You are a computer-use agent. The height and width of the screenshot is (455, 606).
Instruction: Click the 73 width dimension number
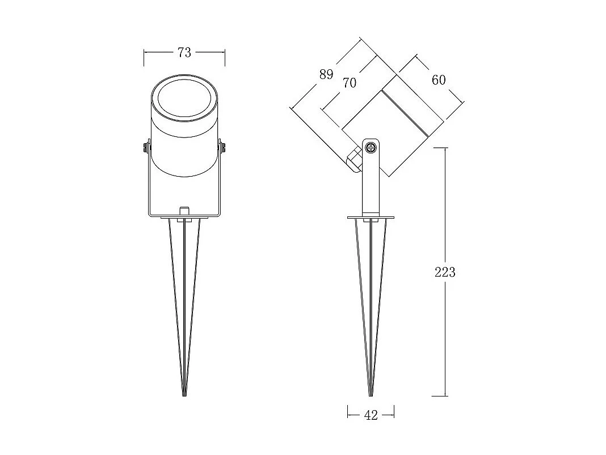(184, 52)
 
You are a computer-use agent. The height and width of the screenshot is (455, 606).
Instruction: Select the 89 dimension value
(326, 74)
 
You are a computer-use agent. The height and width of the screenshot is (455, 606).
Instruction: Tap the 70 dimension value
(350, 83)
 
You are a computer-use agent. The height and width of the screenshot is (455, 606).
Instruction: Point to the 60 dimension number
(439, 80)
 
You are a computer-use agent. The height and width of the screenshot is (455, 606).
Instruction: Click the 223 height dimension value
(445, 273)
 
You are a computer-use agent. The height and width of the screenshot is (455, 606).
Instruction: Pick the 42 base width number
(371, 415)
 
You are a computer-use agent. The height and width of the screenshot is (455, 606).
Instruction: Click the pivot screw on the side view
(371, 148)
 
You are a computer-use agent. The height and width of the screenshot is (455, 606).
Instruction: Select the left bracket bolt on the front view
(146, 148)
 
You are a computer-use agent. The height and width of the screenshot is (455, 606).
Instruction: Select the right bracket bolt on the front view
(222, 148)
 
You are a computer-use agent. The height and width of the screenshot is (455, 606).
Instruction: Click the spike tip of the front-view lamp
(184, 394)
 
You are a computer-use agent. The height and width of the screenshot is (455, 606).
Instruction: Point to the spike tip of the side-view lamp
(371, 394)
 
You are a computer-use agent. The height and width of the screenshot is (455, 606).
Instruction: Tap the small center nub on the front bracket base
(184, 211)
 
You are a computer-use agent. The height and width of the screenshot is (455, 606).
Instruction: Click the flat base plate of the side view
(371, 217)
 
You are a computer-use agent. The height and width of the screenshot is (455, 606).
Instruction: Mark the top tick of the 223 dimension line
(445, 148)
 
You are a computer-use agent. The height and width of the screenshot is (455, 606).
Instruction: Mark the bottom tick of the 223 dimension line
(445, 396)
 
